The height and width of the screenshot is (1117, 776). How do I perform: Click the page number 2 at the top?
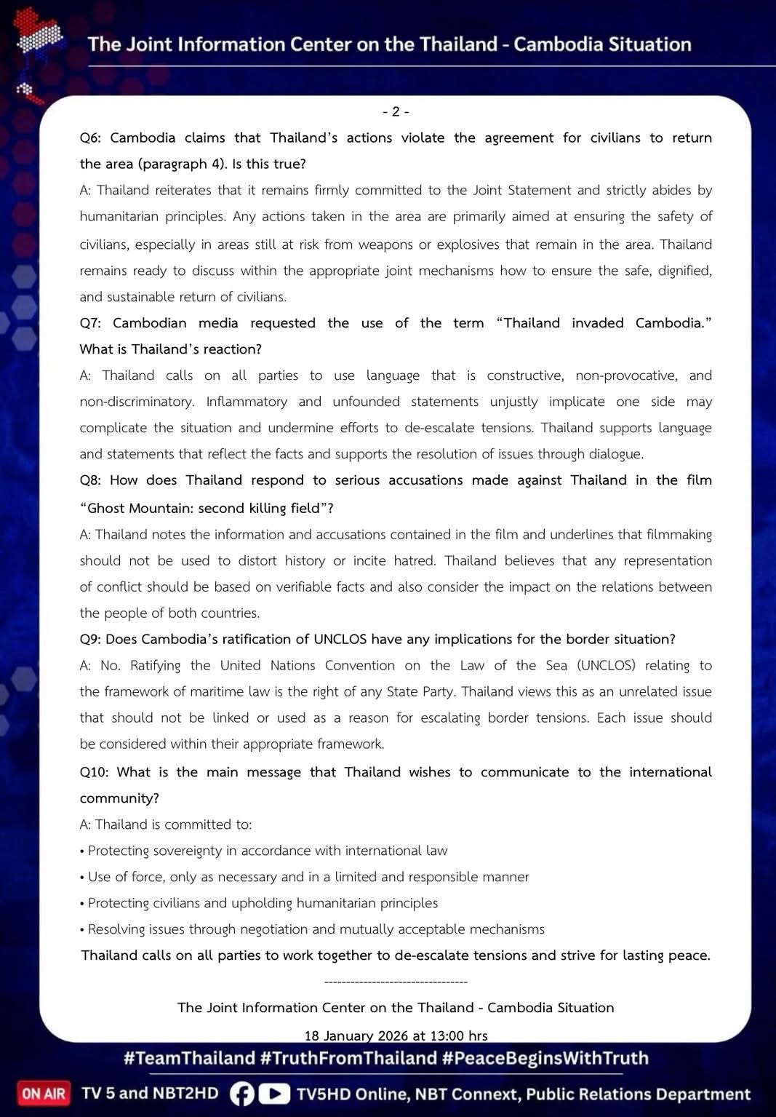[x=396, y=111]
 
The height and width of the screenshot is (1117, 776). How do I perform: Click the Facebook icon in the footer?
[x=242, y=1094]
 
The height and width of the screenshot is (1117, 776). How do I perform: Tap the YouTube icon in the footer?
[x=274, y=1094]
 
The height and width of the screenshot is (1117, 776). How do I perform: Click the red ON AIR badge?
[x=44, y=1093]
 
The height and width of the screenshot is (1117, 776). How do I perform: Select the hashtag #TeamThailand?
[x=189, y=1058]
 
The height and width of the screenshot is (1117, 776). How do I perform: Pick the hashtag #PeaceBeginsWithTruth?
[x=545, y=1058]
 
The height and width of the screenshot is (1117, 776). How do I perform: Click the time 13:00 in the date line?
[x=438, y=1035]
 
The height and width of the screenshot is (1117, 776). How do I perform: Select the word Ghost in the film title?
[x=110, y=508]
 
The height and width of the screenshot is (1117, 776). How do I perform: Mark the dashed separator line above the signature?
[x=396, y=982]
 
